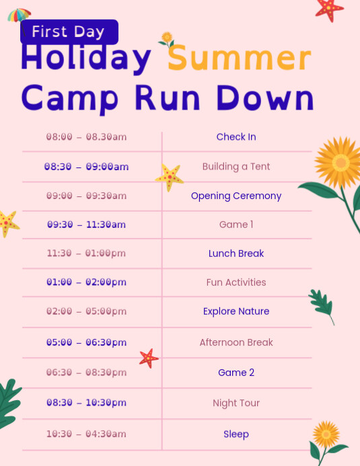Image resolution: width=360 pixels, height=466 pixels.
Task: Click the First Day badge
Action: (x=69, y=32)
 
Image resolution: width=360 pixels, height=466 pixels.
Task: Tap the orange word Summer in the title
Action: (x=240, y=59)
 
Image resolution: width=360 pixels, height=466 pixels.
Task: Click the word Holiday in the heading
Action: (x=86, y=59)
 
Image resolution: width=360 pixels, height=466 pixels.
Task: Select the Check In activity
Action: (x=236, y=137)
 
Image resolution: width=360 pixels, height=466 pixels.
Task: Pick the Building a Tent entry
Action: (x=236, y=167)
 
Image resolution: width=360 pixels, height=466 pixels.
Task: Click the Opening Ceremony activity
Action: (x=236, y=196)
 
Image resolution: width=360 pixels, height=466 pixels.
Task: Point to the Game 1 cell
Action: (x=236, y=225)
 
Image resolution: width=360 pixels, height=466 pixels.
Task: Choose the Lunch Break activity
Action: (x=236, y=254)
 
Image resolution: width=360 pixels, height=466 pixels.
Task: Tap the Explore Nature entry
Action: (x=236, y=311)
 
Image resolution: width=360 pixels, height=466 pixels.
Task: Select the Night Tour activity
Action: (x=236, y=403)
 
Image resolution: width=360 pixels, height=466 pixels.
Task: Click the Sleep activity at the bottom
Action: (x=236, y=434)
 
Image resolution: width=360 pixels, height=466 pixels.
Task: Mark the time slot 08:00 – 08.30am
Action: (x=86, y=137)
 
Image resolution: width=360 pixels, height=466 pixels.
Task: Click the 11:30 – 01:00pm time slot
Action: (x=86, y=254)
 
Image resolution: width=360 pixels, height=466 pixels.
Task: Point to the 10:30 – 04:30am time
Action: (x=86, y=434)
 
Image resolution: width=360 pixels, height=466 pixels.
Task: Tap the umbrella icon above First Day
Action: (x=19, y=14)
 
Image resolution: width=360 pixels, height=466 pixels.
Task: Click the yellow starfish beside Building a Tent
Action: (x=170, y=177)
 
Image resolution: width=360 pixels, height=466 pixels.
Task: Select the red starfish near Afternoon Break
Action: (x=149, y=358)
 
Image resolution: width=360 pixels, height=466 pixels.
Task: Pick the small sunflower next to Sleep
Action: (x=326, y=435)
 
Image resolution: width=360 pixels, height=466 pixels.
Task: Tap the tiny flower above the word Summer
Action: (x=166, y=39)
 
